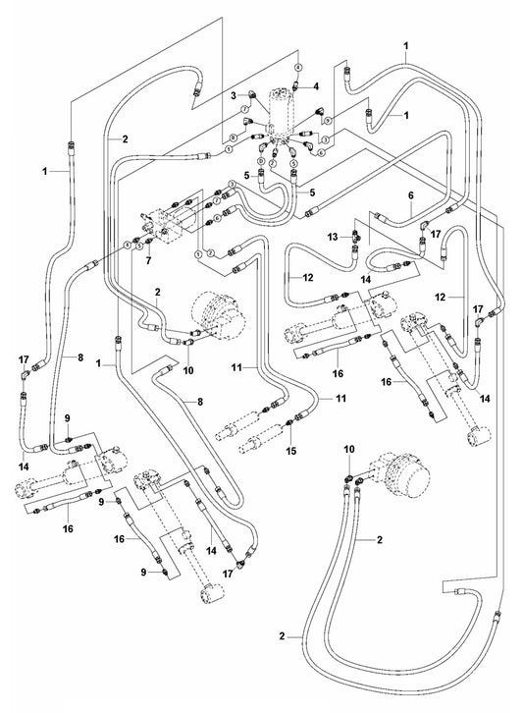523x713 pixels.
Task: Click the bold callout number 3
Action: (234, 95)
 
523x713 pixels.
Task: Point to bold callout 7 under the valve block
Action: (148, 263)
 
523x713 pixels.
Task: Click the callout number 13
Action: (333, 237)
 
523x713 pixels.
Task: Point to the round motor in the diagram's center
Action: (217, 313)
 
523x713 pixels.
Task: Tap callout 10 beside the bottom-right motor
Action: (348, 449)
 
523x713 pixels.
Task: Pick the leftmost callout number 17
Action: (23, 360)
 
